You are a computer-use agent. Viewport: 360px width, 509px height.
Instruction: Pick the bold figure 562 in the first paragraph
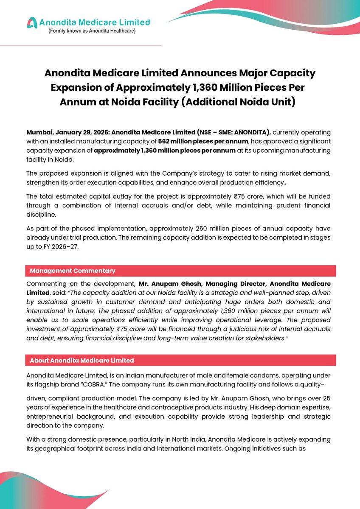(164, 141)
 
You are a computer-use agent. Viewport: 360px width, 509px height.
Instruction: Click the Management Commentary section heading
(73, 270)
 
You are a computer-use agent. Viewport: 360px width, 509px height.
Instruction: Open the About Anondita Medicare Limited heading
(82, 361)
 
